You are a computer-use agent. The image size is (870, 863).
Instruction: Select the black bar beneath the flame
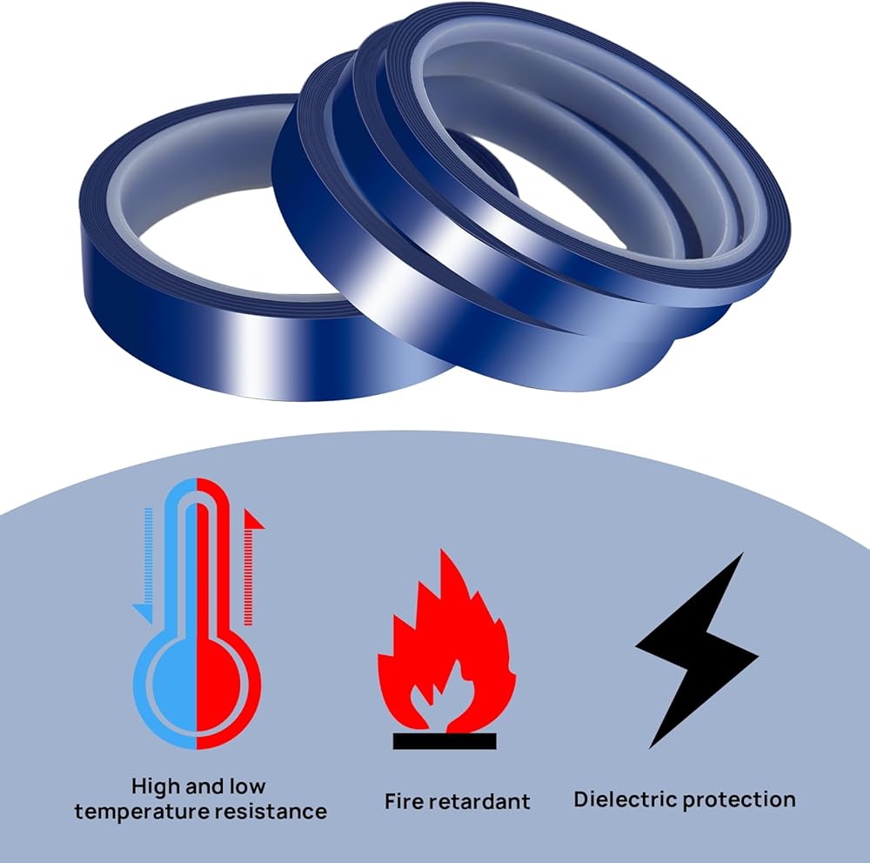tap(445, 741)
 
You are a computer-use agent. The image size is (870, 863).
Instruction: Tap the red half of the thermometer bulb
tap(222, 687)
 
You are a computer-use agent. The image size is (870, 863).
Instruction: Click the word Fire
tap(404, 800)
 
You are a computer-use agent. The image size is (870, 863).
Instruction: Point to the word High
tap(157, 787)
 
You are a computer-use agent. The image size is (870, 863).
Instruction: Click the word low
tap(247, 786)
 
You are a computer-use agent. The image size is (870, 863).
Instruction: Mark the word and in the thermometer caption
tap(205, 786)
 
